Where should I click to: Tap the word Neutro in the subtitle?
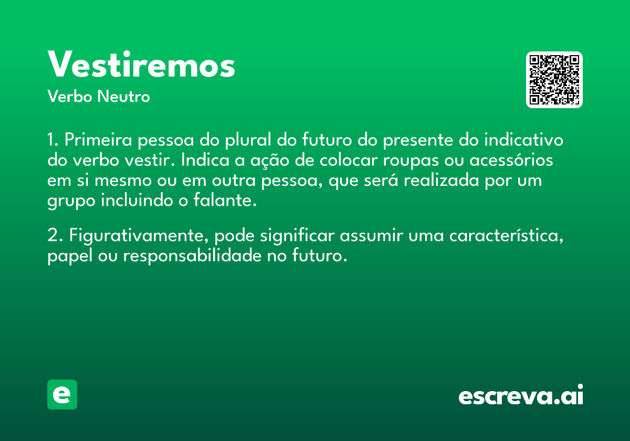click(123, 97)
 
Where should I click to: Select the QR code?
click(554, 80)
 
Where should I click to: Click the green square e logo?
click(62, 394)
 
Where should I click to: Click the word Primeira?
click(98, 139)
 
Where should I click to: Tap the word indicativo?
click(524, 139)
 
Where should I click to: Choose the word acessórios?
click(511, 160)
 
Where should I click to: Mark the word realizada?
click(442, 180)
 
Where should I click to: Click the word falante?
click(225, 200)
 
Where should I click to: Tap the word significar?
click(297, 236)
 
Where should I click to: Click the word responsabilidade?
click(192, 256)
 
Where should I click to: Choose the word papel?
click(70, 256)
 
